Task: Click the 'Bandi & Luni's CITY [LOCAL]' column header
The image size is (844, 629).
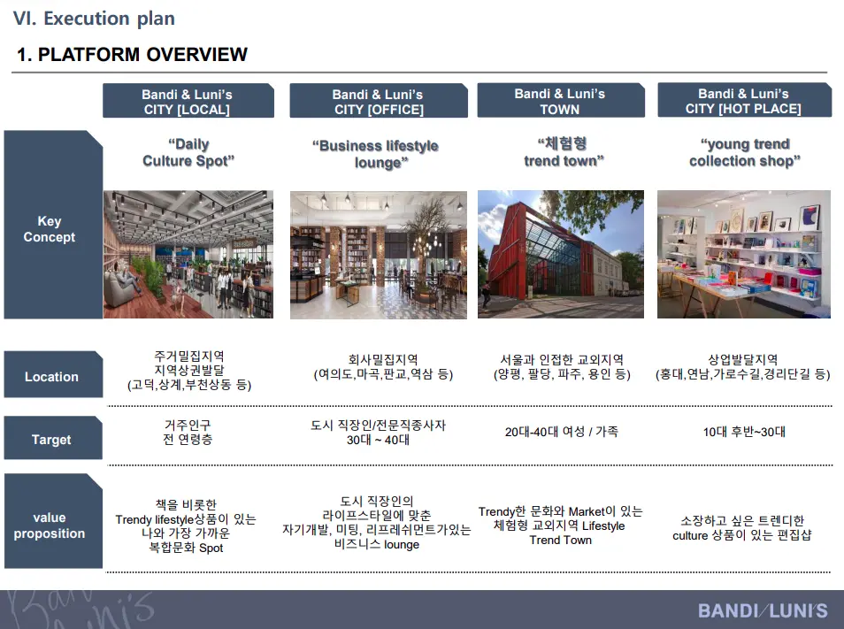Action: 188,101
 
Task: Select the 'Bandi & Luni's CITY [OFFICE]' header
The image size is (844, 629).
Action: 379,101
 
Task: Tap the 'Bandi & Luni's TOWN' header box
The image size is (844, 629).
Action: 560,100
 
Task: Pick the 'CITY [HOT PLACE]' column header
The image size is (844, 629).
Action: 744,100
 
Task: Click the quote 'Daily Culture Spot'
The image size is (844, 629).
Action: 188,152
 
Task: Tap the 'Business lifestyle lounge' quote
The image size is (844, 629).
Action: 376,154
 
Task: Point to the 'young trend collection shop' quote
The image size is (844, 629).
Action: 744,152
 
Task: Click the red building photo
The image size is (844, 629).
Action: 561,254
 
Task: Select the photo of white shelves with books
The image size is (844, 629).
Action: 744,254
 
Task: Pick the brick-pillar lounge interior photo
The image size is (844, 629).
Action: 379,255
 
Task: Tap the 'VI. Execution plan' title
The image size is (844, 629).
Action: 94,19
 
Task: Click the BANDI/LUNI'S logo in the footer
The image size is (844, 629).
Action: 763,610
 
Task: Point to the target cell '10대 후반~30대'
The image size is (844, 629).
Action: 744,432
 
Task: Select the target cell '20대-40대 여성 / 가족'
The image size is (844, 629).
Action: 562,432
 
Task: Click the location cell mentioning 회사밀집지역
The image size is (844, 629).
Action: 383,367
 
